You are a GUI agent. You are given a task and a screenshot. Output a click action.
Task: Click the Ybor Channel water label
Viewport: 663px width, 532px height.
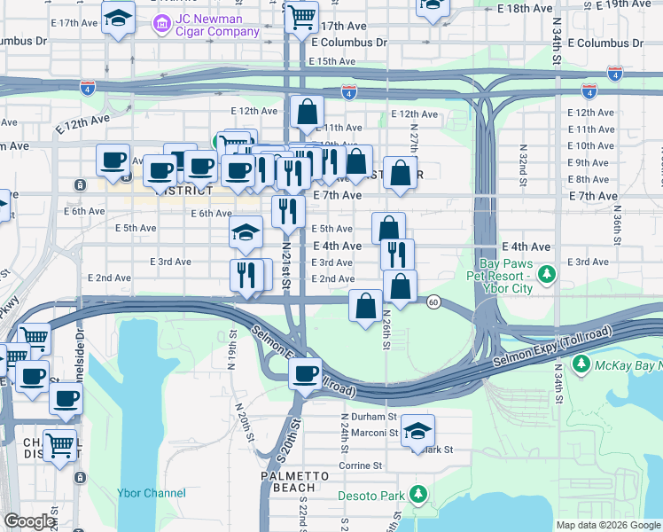tap(152, 493)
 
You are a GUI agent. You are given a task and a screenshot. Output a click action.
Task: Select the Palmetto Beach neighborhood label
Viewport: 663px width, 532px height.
tap(289, 481)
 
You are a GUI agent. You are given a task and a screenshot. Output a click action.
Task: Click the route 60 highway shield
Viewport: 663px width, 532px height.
tap(433, 302)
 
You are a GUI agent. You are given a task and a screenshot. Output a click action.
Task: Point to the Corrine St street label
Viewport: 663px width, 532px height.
tap(359, 465)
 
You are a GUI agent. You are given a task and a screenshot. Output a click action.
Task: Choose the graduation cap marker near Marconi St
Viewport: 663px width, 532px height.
tap(417, 432)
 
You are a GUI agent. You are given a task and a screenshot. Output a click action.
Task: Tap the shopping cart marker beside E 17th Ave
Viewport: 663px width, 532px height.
tap(302, 15)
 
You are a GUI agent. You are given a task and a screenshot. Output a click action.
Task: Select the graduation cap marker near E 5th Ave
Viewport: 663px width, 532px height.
tap(246, 233)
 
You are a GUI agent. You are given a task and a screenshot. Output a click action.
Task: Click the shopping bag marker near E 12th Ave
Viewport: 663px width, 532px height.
tap(307, 112)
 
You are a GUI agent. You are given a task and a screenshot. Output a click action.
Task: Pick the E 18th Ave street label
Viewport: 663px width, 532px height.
tap(526, 8)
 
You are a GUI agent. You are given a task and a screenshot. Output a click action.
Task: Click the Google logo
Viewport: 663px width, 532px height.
tap(29, 521)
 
